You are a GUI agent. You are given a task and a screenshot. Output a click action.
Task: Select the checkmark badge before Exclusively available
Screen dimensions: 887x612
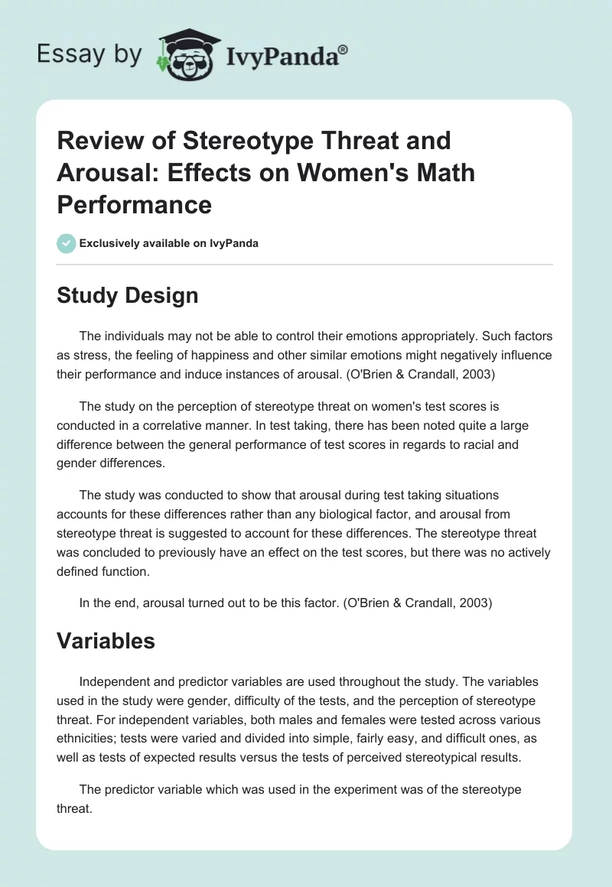coord(66,243)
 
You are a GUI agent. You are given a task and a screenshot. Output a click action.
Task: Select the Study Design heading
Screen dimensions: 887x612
coord(127,295)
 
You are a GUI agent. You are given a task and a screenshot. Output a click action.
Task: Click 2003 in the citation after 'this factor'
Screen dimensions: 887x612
coord(474,603)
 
